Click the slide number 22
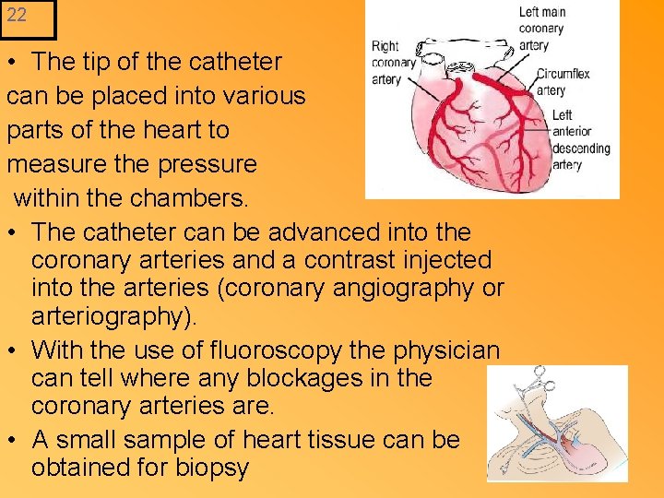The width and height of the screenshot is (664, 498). (17, 15)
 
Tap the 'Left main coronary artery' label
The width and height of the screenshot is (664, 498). (542, 29)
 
